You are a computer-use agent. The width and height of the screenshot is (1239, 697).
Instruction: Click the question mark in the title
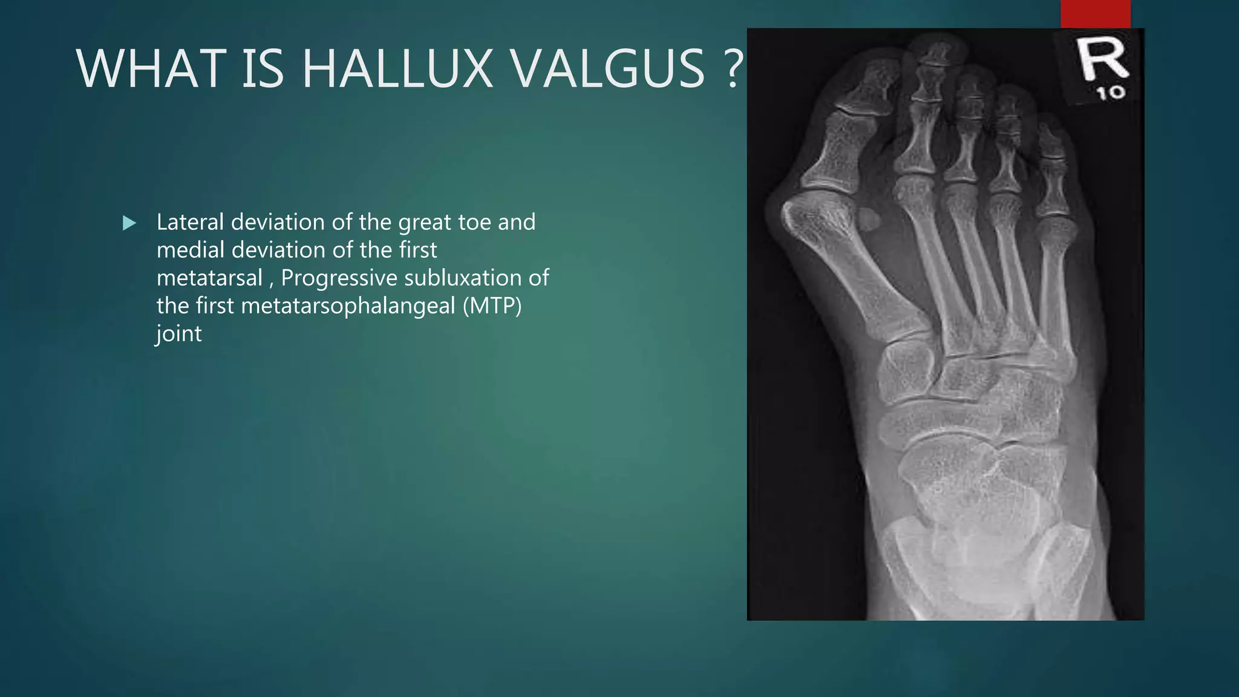(x=733, y=69)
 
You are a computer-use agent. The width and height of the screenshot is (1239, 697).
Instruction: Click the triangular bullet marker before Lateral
(x=129, y=223)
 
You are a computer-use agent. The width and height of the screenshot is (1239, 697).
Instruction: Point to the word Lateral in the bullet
(x=190, y=222)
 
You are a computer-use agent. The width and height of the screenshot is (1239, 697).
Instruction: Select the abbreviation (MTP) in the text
(x=492, y=306)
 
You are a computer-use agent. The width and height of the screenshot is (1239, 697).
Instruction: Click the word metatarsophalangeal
(x=348, y=306)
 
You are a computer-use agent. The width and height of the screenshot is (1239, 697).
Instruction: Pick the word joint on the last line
(x=178, y=333)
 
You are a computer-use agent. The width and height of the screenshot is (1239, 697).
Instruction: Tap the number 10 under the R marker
(x=1111, y=93)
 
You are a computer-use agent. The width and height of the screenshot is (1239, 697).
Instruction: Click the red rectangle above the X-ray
(x=1095, y=13)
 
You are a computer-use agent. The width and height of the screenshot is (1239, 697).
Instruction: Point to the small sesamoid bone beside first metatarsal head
(x=869, y=220)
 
